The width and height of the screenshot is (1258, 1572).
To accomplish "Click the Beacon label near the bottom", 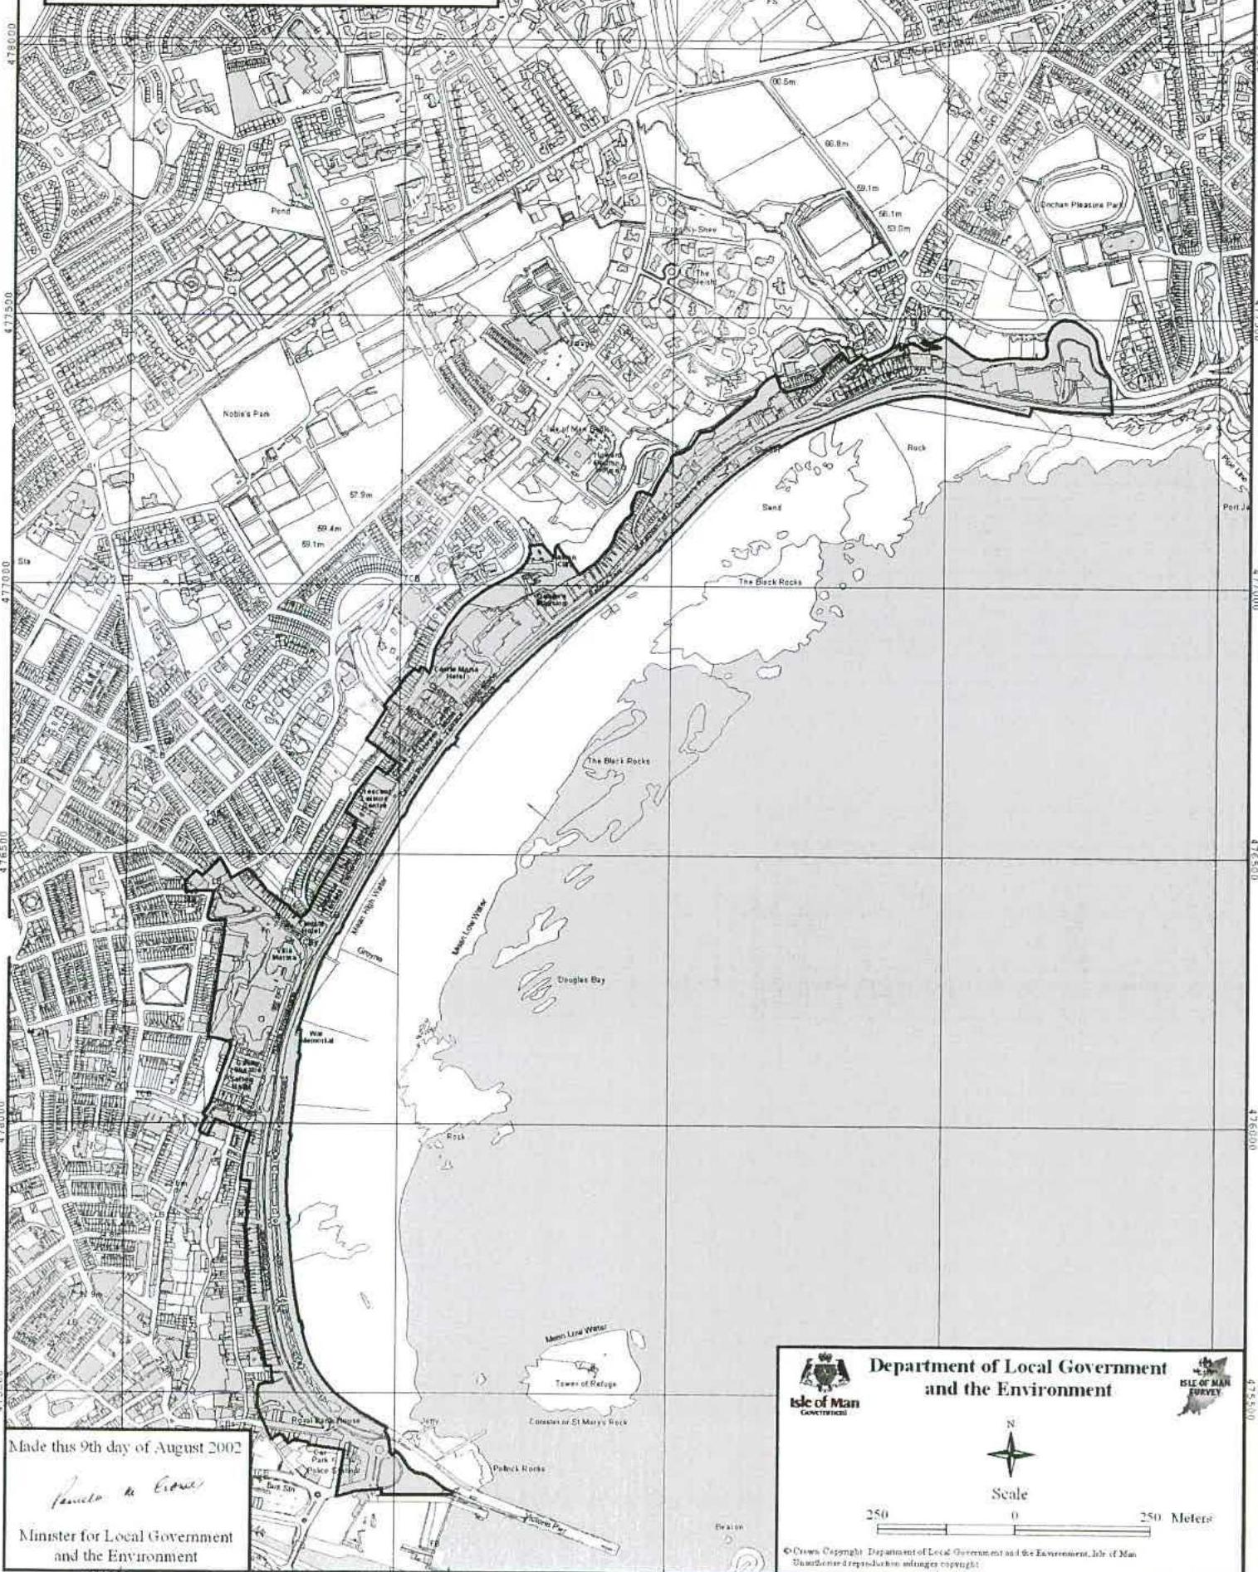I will (x=728, y=1526).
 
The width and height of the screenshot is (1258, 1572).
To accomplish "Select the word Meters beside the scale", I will (x=1191, y=1518).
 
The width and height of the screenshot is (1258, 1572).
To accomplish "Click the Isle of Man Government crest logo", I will (x=824, y=1385).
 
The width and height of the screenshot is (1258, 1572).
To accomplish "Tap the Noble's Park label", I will (x=247, y=413).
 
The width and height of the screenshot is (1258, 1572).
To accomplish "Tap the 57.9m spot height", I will (x=360, y=496).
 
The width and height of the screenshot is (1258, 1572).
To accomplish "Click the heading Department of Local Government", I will (x=1017, y=1367).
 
